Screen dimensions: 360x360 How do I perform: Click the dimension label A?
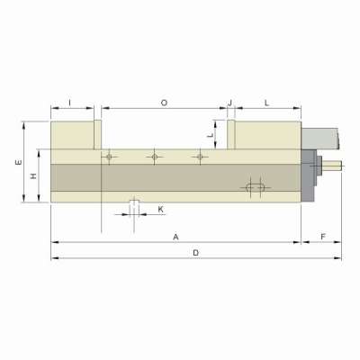(x=176, y=236)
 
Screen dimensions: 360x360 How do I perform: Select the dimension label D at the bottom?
(x=195, y=253)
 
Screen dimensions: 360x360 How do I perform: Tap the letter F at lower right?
(x=321, y=236)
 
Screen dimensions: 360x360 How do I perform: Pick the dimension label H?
(x=33, y=177)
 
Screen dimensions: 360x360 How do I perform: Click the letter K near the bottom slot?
(x=160, y=209)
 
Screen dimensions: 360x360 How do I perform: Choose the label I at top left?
(x=70, y=103)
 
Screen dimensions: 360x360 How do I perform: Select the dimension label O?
(x=164, y=103)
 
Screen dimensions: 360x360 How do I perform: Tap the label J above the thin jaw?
(x=230, y=103)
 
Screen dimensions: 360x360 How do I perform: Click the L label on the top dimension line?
(x=267, y=103)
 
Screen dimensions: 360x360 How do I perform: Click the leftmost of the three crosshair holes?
(x=108, y=157)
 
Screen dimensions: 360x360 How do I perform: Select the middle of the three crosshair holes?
(x=155, y=157)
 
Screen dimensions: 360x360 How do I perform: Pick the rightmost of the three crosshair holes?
(x=200, y=157)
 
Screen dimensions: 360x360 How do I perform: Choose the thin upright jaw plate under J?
(x=230, y=135)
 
